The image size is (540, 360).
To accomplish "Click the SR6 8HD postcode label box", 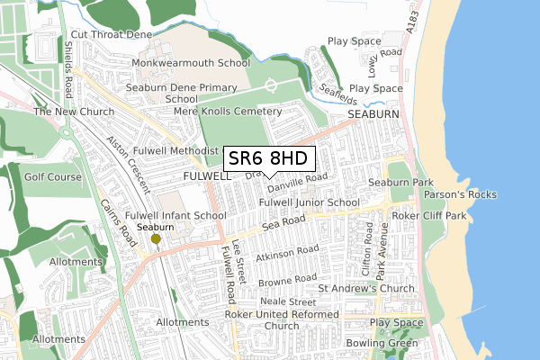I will coord(269,159).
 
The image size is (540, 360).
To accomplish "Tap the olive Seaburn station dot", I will coord(155,238).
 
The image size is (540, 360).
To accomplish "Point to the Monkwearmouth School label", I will coord(191,64).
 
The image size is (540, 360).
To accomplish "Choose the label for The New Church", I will coord(69,112).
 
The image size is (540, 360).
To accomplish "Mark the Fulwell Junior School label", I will coord(309,203).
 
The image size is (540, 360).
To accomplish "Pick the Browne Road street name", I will coord(288,282).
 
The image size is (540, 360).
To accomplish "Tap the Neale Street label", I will coord(289,302).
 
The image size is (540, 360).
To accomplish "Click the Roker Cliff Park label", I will coord(435,216).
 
